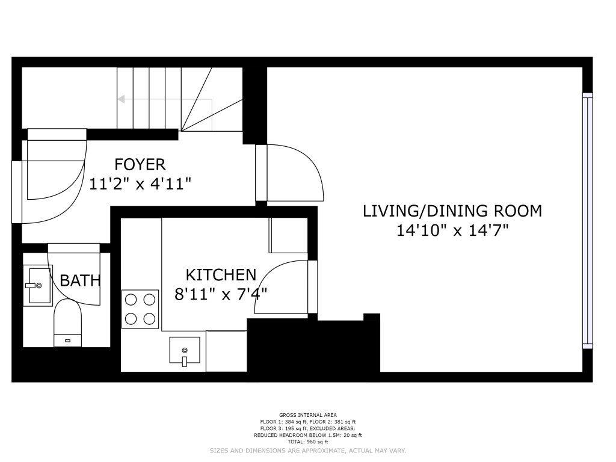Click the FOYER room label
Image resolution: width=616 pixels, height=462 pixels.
[x=140, y=164]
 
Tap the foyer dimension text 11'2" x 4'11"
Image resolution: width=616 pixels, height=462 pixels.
[x=140, y=184]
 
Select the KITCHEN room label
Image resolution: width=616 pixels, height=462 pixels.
[x=221, y=275]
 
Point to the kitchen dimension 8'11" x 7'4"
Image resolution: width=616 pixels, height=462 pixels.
[x=221, y=294]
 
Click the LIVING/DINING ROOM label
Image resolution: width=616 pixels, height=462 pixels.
[x=452, y=211]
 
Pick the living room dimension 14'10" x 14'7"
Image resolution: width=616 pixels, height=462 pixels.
[x=452, y=230]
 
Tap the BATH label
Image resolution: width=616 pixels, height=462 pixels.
[x=80, y=280]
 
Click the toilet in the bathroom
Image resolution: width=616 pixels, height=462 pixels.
[x=67, y=323]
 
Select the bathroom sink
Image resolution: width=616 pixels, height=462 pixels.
[x=38, y=285]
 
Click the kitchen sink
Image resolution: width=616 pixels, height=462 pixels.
[x=185, y=351]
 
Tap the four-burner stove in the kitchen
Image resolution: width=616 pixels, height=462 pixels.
[x=140, y=309]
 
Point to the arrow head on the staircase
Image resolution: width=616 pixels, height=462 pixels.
[x=121, y=99]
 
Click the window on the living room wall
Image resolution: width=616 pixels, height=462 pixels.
[x=587, y=221]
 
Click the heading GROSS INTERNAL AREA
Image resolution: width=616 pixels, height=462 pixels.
[x=307, y=415]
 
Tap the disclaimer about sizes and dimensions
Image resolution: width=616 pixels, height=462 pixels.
[x=307, y=451]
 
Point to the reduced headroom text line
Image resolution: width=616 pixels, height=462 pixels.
[x=307, y=435]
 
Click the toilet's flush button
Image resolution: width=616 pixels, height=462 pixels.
[x=67, y=340]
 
